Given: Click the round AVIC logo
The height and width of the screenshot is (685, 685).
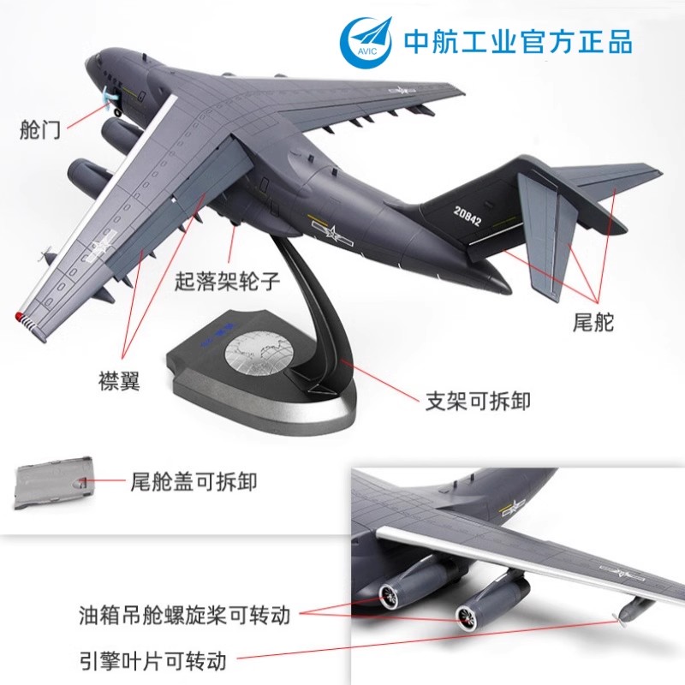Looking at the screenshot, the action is click(x=366, y=42).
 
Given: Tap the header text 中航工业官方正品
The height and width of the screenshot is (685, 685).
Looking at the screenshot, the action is click(x=518, y=42).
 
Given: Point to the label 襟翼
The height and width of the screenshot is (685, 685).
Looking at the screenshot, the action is click(x=119, y=380).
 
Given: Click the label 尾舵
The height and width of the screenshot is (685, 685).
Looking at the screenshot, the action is click(x=593, y=322).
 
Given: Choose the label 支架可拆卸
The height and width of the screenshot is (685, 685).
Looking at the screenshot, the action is click(x=478, y=400).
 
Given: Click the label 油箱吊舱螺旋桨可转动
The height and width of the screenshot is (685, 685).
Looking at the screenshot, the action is click(x=184, y=615).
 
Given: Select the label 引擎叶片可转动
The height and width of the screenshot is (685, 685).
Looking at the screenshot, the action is click(x=153, y=660).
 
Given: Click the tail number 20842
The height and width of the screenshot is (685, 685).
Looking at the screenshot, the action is click(x=467, y=217).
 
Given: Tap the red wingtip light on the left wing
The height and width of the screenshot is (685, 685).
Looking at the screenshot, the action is click(x=19, y=315).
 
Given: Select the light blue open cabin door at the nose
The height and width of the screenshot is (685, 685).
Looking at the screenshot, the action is click(x=108, y=97).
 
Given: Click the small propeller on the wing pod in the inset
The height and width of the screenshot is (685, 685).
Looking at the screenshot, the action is click(x=618, y=621).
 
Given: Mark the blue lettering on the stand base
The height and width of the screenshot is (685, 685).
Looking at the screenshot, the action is click(x=218, y=335).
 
